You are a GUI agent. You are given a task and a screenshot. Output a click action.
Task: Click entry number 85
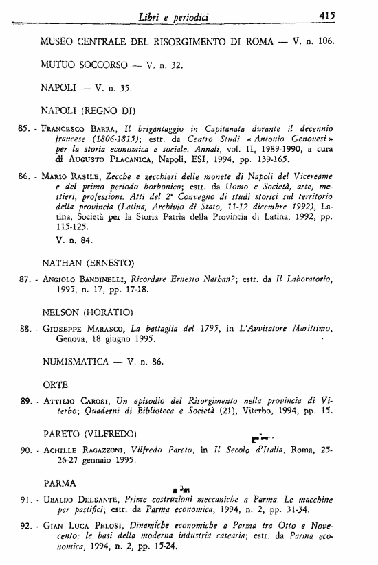point(24,128)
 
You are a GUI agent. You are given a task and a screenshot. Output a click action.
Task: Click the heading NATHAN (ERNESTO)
point(92,262)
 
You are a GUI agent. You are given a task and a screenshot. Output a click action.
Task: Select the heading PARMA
point(60,483)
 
